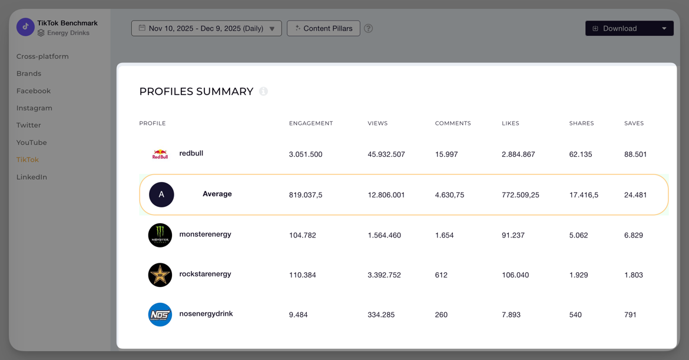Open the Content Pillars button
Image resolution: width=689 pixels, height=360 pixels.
323,28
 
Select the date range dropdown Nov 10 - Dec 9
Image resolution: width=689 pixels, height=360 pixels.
206,28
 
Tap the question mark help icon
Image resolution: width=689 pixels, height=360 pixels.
369,28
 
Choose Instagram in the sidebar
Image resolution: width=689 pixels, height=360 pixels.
34,108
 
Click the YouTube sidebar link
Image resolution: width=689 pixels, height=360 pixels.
32,143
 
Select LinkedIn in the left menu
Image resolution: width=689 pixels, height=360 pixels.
32,177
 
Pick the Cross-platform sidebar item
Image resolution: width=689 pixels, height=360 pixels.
42,57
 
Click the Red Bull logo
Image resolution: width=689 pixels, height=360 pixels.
160,154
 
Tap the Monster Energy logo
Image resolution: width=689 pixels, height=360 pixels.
160,235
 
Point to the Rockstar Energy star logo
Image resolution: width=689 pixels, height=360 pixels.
160,275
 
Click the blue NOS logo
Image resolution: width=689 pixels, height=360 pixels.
160,315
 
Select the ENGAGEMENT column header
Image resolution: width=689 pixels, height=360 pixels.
311,123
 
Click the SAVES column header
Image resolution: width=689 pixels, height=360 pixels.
634,123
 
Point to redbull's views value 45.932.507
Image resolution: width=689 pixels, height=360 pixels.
386,154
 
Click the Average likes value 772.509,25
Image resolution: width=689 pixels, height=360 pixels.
521,195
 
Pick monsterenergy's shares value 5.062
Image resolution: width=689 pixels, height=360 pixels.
578,235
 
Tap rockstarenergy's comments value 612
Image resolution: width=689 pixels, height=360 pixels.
441,275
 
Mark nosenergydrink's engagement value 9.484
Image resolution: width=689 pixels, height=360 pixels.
299,315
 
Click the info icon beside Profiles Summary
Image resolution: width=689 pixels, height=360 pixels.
264,91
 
